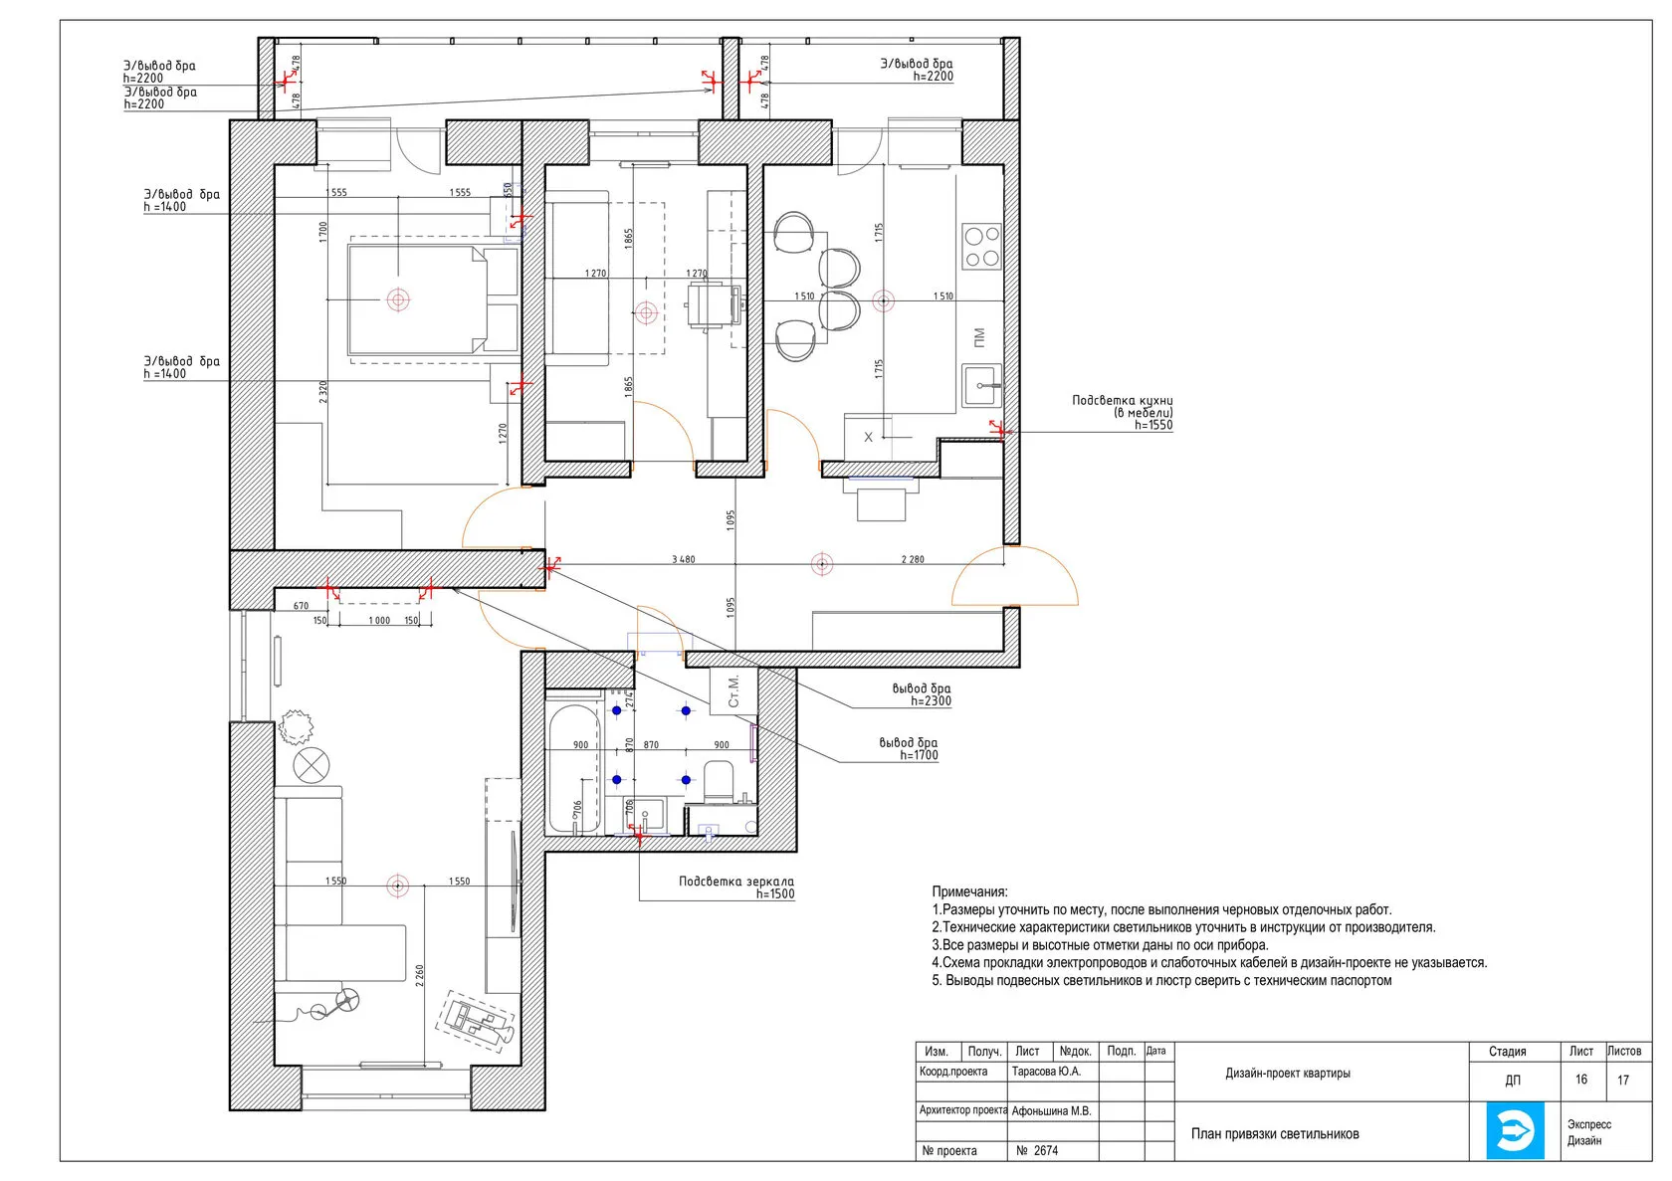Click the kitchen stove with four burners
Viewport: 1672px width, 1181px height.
tap(981, 246)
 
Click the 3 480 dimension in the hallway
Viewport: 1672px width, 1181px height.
tap(683, 559)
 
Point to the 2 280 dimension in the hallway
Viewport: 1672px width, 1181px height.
tap(912, 559)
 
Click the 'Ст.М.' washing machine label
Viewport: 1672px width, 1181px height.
tap(732, 690)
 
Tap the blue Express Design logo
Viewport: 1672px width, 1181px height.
tap(1515, 1130)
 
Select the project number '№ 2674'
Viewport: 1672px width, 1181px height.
tap(1037, 1150)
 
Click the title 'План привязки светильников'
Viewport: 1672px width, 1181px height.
tap(1275, 1134)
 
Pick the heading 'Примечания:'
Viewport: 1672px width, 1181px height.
tap(969, 891)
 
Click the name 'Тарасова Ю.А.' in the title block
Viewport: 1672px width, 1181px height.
tap(1046, 1072)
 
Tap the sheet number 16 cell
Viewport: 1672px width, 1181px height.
tap(1580, 1079)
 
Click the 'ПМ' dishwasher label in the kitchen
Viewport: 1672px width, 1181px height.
tap(979, 337)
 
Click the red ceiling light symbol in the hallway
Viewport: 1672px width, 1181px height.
tap(822, 564)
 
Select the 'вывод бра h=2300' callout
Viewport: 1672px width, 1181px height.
tap(922, 694)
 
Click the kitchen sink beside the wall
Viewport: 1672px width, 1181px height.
tap(981, 385)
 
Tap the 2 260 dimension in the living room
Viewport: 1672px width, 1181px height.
tap(419, 975)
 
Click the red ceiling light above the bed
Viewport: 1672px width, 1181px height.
tap(398, 299)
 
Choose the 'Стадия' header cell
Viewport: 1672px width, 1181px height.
tap(1507, 1052)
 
